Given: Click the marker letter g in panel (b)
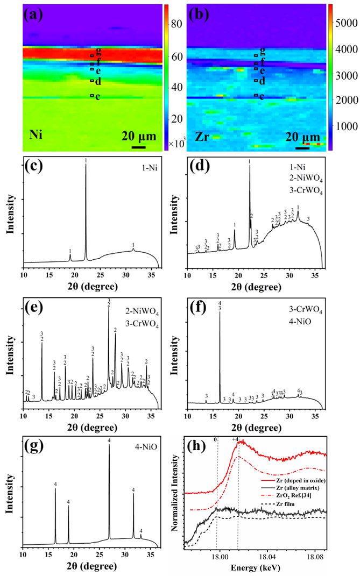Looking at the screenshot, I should [262, 52].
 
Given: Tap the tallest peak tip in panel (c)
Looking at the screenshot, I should [86, 165].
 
